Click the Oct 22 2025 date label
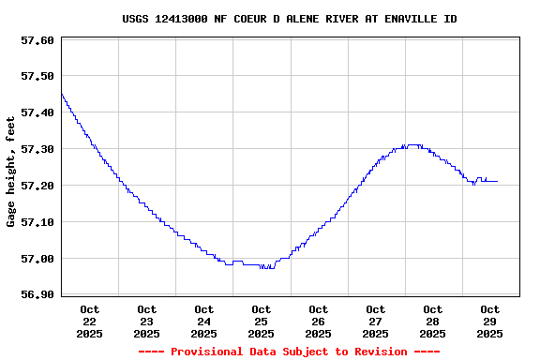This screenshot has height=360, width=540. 90,321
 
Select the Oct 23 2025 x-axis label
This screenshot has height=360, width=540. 147,321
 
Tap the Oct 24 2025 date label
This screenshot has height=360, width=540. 204,321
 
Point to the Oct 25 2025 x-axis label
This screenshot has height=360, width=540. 262,321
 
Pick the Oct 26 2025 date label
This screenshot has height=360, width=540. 319,321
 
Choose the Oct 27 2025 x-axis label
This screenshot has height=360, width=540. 376,321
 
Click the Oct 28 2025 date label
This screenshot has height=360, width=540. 433,321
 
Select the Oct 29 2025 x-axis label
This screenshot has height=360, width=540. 489,321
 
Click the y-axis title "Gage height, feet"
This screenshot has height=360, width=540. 11,172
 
